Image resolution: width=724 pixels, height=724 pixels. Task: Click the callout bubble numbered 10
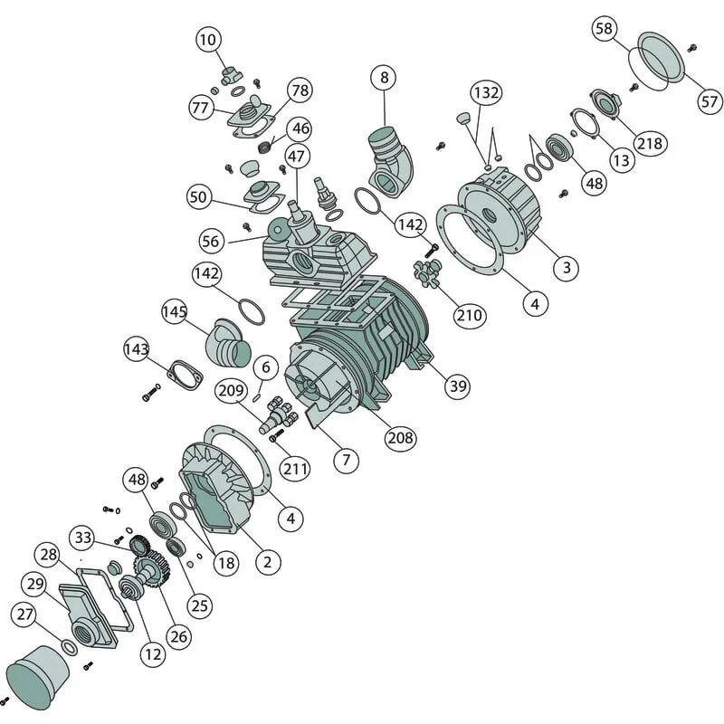208,40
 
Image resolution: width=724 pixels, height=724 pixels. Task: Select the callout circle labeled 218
650,144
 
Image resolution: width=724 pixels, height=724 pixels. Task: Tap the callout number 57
710,101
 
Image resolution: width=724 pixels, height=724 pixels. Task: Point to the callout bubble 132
486,93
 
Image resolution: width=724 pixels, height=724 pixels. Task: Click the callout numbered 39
458,386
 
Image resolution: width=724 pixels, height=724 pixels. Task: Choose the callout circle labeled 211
296,469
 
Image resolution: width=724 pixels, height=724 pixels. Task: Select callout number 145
175,311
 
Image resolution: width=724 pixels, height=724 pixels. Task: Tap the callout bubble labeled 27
25,614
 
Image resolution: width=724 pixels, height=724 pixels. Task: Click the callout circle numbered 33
83,538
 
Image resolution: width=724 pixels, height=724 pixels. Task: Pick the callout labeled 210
470,316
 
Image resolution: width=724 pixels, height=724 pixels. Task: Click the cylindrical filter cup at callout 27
38,677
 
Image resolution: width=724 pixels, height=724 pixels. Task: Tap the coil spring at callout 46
264,148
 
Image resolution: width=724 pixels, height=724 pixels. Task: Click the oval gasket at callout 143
186,375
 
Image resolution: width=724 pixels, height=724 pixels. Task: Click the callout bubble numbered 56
211,241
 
